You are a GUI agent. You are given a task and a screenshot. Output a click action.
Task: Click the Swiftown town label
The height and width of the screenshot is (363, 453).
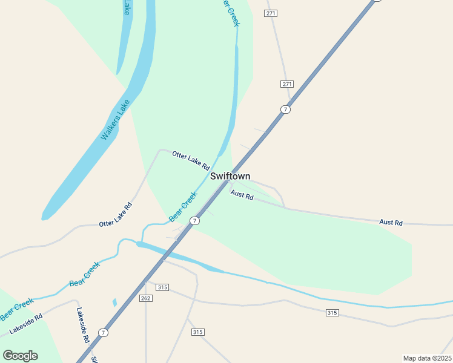[230, 176]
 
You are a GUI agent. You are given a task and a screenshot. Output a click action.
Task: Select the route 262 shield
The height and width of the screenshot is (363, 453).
[145, 298]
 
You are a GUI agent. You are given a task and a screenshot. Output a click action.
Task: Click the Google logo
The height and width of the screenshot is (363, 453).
[21, 356]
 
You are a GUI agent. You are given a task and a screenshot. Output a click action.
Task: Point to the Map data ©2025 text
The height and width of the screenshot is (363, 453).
[427, 358]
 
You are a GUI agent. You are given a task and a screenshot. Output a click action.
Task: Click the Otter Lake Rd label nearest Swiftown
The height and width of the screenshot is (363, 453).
[191, 160]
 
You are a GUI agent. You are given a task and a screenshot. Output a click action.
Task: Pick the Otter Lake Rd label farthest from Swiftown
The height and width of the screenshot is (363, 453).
[115, 215]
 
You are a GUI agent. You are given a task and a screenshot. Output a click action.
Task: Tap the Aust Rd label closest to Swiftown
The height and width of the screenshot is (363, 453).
[242, 195]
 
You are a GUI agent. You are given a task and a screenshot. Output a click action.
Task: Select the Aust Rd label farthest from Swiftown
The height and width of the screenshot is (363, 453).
[391, 223]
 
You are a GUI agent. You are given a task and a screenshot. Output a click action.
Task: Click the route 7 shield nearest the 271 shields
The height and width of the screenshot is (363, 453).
[285, 110]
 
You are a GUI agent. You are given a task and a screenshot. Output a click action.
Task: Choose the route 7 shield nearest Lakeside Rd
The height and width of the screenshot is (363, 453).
[104, 333]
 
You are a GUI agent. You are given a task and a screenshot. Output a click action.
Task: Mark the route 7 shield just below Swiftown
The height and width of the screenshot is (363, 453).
[194, 221]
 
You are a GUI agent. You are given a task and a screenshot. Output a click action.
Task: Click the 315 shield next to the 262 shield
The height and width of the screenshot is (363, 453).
[162, 287]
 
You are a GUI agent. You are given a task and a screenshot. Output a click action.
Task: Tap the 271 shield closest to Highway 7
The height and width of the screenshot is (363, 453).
[287, 83]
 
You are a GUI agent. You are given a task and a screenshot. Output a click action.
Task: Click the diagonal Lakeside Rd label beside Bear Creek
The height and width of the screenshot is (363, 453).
[26, 324]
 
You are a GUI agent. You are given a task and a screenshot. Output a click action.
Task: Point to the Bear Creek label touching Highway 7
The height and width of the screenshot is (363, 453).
[183, 206]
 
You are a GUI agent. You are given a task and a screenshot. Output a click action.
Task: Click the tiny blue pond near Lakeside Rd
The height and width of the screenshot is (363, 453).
[114, 302]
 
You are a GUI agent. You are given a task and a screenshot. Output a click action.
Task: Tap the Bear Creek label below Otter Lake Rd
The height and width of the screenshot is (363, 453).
[84, 274]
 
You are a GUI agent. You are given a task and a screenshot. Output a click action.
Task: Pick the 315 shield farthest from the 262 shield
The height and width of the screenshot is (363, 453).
[332, 312]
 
